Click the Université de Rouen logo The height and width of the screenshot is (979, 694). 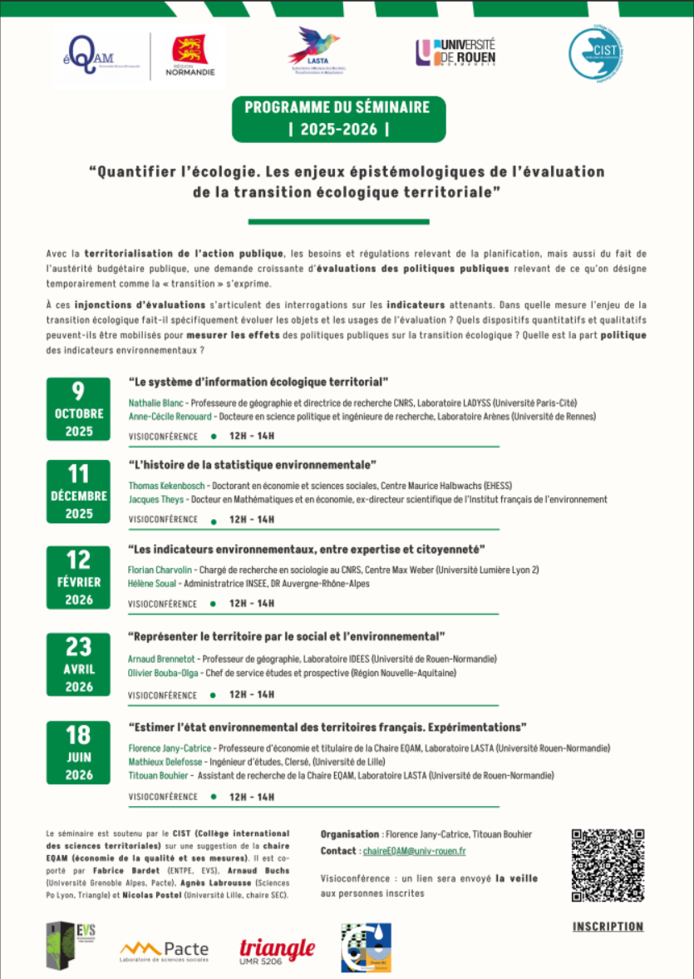point(455,52)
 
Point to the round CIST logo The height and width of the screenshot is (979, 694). point(596,52)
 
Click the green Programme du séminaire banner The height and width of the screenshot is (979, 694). point(338,119)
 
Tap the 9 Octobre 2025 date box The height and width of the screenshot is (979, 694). point(78,409)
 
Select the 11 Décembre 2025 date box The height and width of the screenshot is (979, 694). point(78,492)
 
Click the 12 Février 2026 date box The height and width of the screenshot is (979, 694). point(78,576)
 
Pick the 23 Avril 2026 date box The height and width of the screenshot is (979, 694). point(78,664)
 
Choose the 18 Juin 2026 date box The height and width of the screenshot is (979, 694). point(78,753)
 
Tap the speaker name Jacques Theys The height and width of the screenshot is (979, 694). point(153,500)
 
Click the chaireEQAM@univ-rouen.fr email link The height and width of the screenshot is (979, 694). point(414,851)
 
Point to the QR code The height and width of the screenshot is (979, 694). point(608,866)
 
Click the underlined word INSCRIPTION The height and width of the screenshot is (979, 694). point(608,927)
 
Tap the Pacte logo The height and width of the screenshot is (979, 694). point(164,950)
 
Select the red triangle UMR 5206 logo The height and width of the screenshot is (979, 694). point(277,950)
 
